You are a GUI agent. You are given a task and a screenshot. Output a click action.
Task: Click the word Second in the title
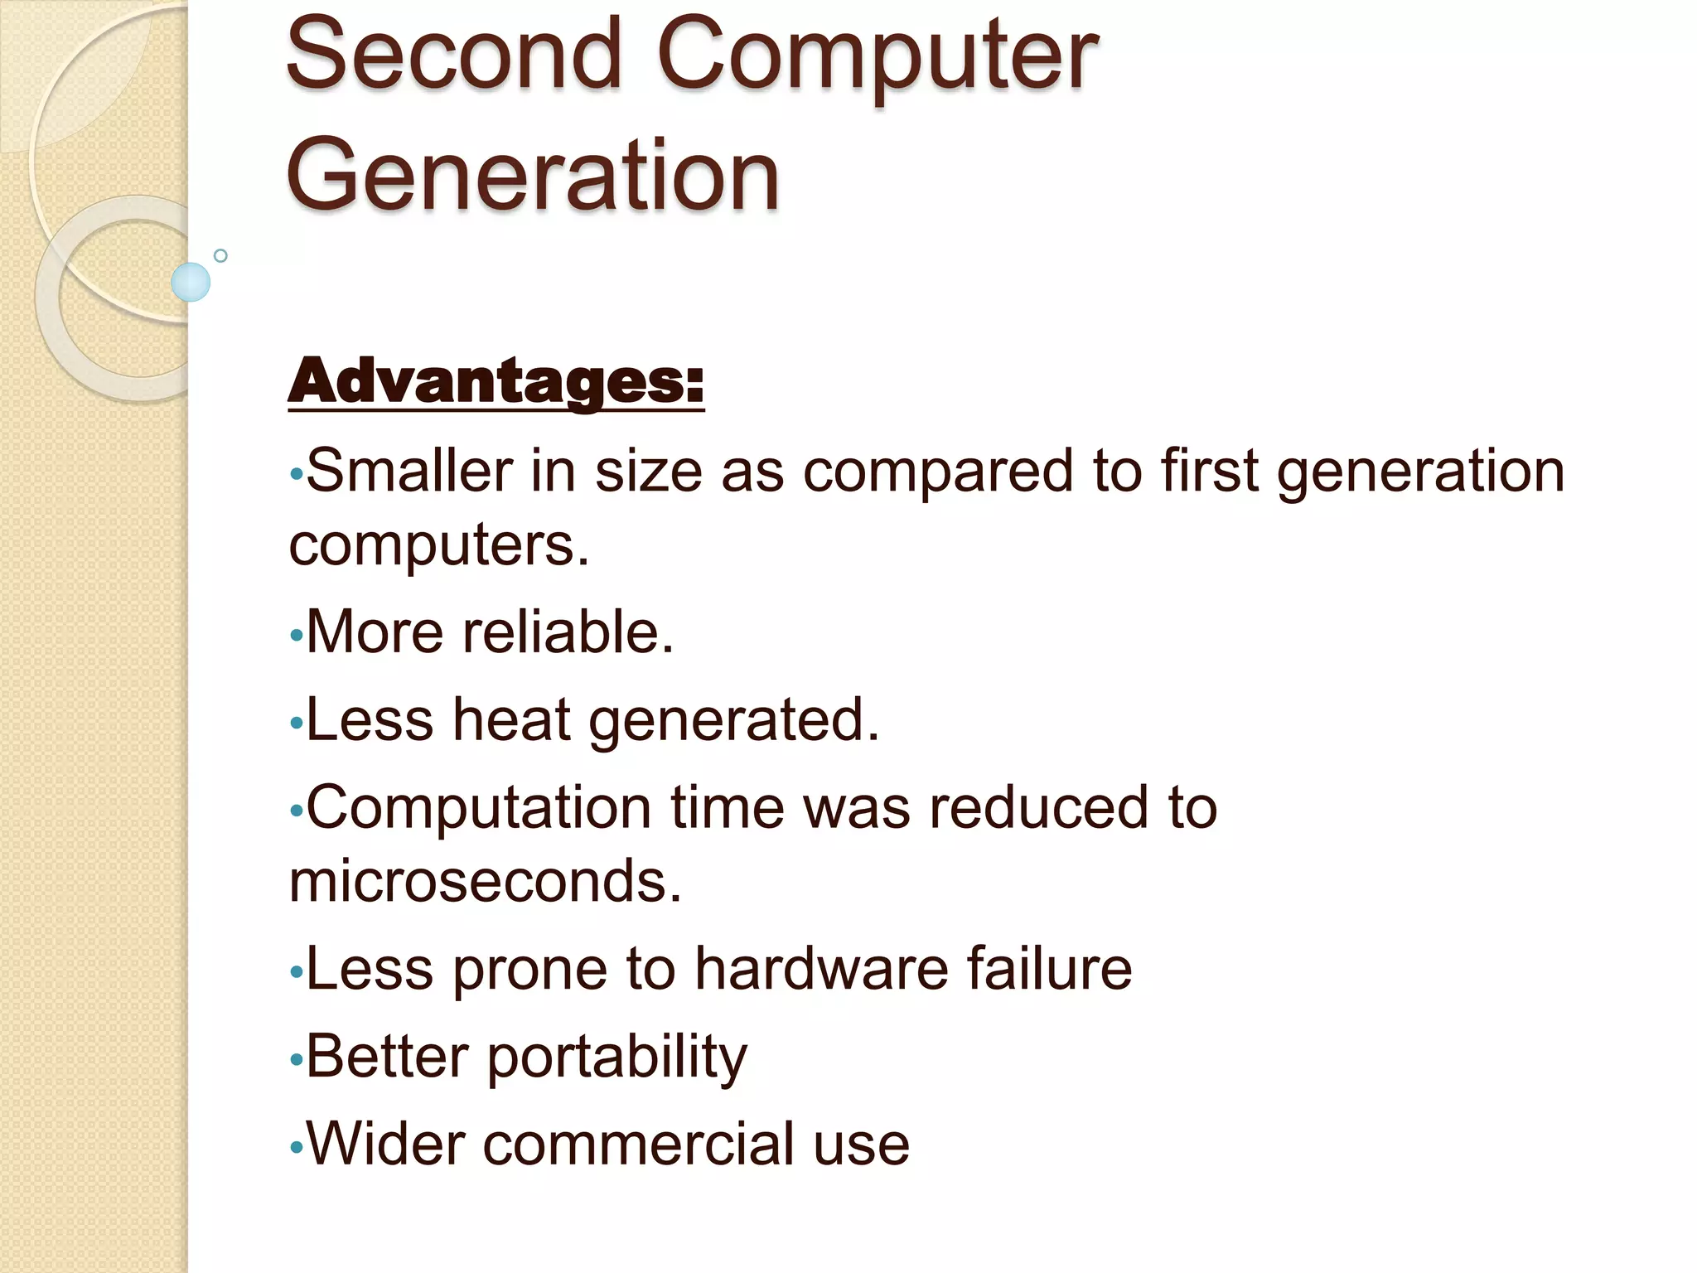pyautogui.click(x=453, y=56)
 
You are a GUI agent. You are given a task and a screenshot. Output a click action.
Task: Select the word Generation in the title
pyautogui.click(x=533, y=176)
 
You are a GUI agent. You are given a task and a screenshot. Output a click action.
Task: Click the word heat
pyautogui.click(x=511, y=719)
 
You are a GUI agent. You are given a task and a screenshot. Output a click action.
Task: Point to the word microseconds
pyautogui.click(x=485, y=881)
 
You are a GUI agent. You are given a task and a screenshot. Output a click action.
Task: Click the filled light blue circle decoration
pyautogui.click(x=191, y=282)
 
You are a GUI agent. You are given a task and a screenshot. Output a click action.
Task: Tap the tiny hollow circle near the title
pyautogui.click(x=220, y=255)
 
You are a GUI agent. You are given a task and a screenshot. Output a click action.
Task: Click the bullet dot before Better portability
pyautogui.click(x=297, y=1060)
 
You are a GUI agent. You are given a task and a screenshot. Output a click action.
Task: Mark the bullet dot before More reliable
pyautogui.click(x=297, y=636)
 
